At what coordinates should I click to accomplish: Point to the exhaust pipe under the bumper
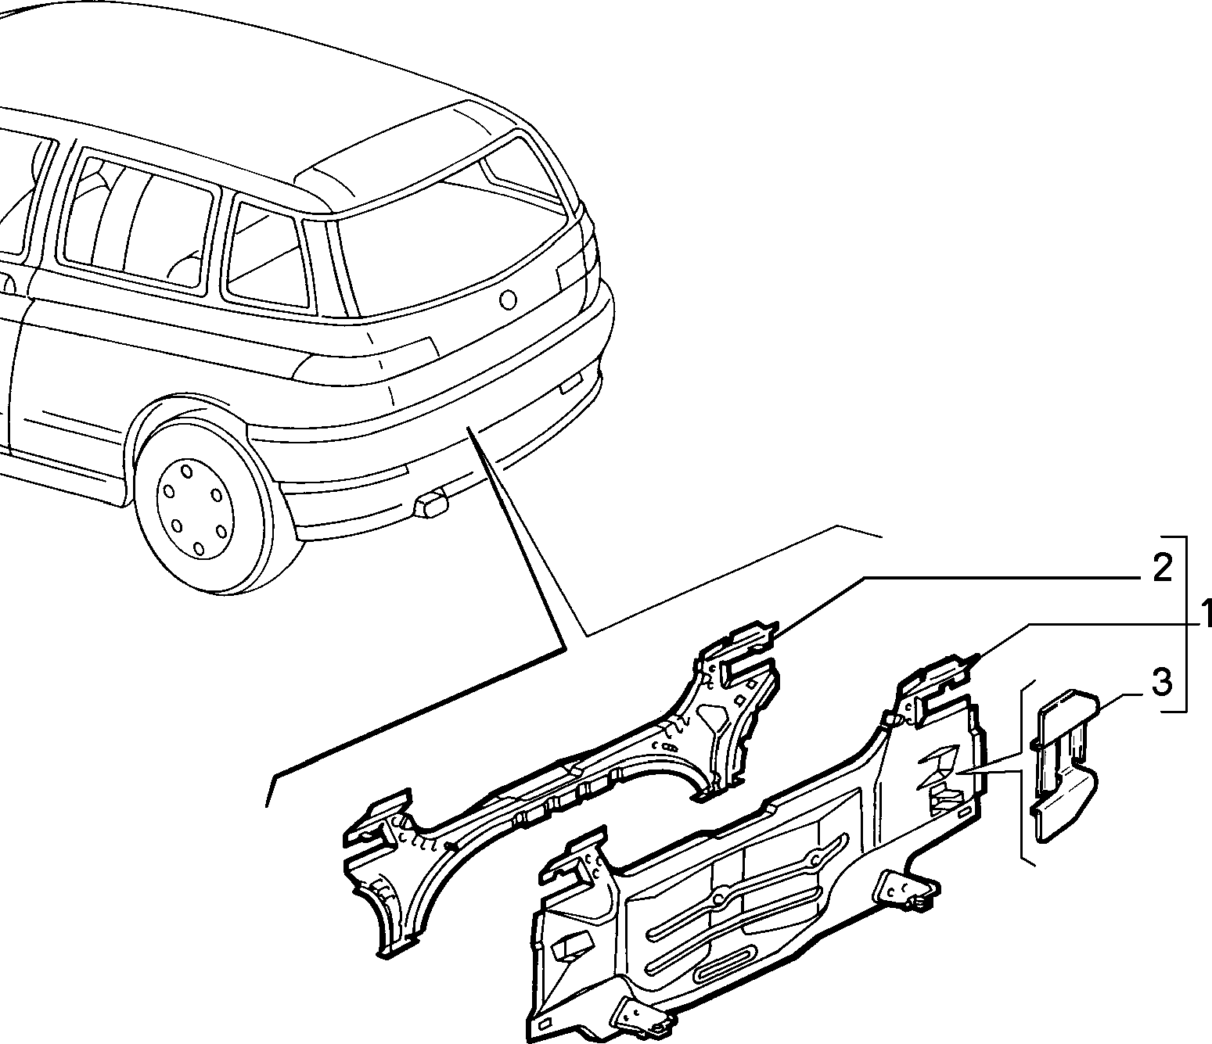tap(431, 505)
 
